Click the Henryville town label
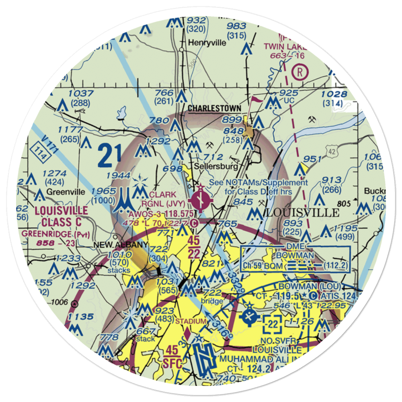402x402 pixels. (207, 43)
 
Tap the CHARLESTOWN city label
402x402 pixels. (215, 109)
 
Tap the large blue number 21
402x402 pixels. (109, 156)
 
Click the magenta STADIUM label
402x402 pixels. (191, 321)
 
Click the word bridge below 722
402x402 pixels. (212, 301)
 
